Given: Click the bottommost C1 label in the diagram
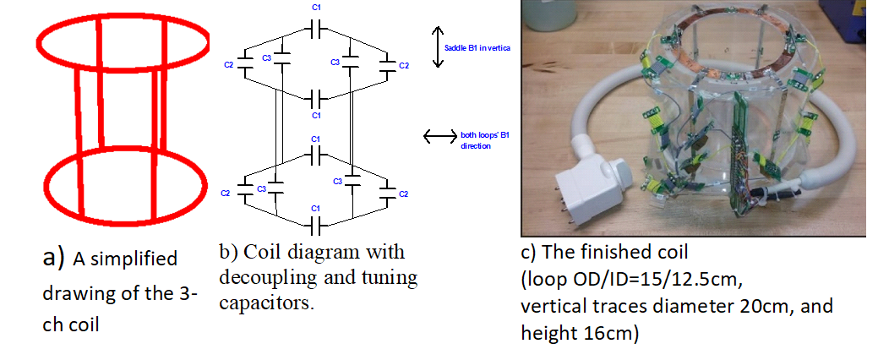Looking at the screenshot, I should (x=314, y=208).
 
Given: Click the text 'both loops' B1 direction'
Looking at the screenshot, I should (x=478, y=139).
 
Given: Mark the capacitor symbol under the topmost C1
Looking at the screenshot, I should (x=314, y=29).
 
